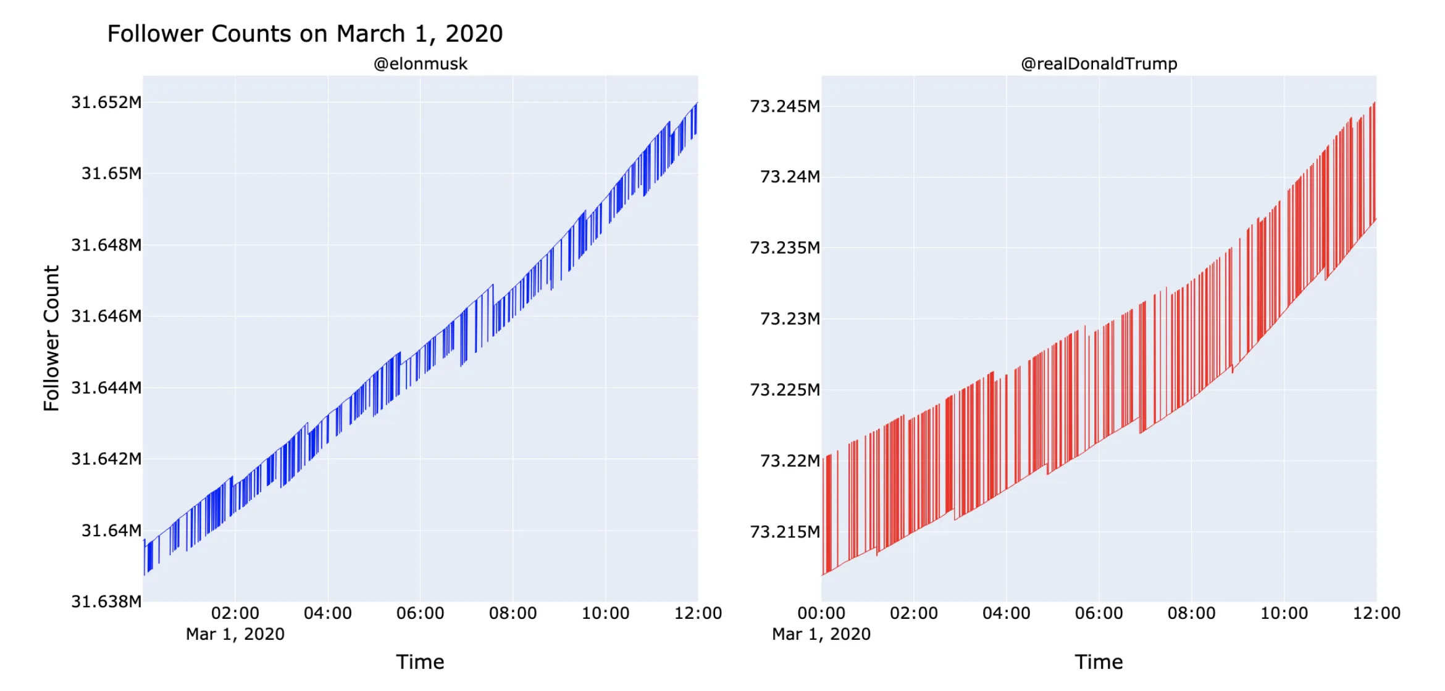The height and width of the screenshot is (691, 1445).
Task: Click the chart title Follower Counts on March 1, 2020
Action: pyautogui.click(x=305, y=34)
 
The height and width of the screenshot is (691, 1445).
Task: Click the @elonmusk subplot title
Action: pyautogui.click(x=421, y=64)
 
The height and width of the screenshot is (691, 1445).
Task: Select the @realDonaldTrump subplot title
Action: pyautogui.click(x=1099, y=64)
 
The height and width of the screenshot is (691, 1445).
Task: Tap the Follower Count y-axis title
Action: pyautogui.click(x=51, y=338)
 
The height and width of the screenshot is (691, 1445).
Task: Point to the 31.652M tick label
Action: pyautogui.click(x=106, y=102)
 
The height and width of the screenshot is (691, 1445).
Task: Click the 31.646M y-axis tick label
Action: pyautogui.click(x=106, y=317)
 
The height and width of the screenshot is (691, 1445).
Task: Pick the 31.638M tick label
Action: pyautogui.click(x=106, y=602)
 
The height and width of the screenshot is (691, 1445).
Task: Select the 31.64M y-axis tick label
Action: pyautogui.click(x=112, y=531)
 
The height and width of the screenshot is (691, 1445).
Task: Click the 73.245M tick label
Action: pyautogui.click(x=785, y=107)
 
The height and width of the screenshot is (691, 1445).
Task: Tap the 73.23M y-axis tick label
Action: pyautogui.click(x=790, y=319)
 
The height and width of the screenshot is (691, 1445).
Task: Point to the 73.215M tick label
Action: pyautogui.click(x=785, y=532)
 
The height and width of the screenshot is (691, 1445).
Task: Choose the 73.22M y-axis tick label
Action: pyautogui.click(x=790, y=461)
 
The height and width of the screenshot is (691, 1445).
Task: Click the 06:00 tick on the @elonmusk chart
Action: pyautogui.click(x=421, y=613)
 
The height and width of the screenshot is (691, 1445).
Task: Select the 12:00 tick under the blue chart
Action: pyautogui.click(x=698, y=613)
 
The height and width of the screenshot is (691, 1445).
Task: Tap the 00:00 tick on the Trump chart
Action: pyautogui.click(x=821, y=613)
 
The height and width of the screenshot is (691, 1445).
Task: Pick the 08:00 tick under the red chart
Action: pyautogui.click(x=1191, y=613)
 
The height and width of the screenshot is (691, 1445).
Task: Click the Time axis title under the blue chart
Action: pyautogui.click(x=421, y=662)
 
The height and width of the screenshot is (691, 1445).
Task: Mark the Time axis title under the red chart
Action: pyautogui.click(x=1099, y=662)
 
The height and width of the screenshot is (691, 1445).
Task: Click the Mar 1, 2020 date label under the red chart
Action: pyautogui.click(x=821, y=634)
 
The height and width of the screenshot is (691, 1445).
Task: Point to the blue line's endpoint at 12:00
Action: pyautogui.click(x=697, y=104)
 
